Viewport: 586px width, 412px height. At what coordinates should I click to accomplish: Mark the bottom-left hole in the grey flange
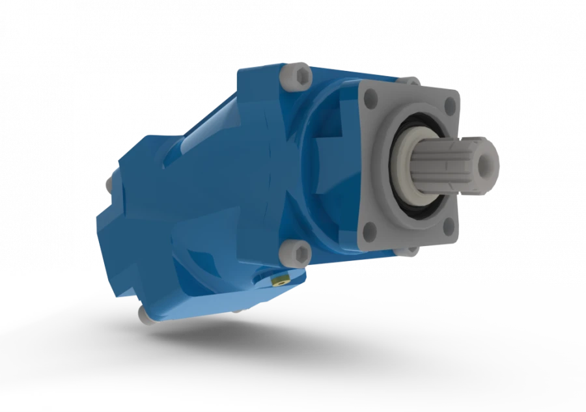[370, 228]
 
